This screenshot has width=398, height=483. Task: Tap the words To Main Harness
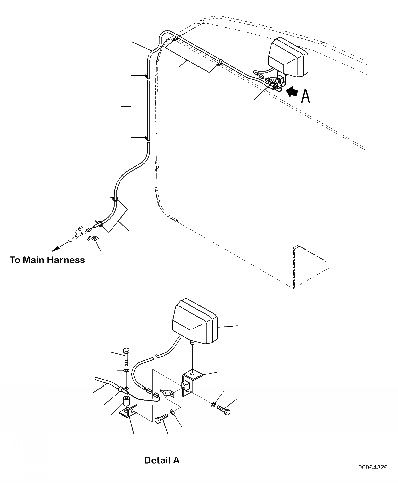(x=47, y=260)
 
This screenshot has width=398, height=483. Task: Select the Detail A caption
(x=161, y=460)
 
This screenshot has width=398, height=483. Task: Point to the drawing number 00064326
(x=373, y=468)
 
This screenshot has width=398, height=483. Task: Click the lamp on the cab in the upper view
(x=287, y=56)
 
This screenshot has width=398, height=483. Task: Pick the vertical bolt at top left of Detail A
(x=125, y=357)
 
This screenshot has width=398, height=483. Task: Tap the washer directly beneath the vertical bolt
(x=125, y=371)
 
